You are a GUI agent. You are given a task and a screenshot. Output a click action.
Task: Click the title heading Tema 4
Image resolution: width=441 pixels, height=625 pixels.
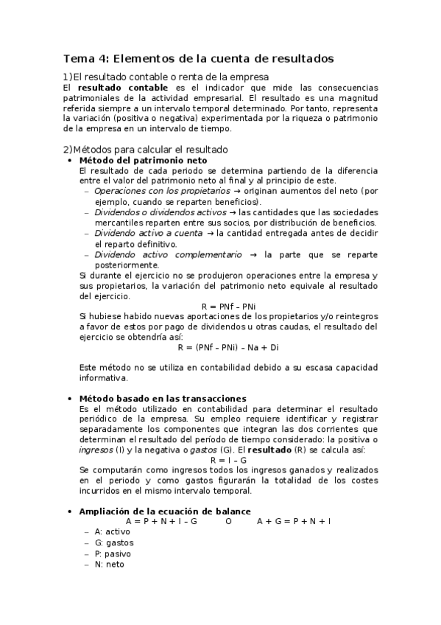(198, 57)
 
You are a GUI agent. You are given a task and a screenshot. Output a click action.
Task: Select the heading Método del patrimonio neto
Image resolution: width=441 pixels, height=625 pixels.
(143, 160)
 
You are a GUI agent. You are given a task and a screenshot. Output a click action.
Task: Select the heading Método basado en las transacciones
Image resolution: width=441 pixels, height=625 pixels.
(163, 398)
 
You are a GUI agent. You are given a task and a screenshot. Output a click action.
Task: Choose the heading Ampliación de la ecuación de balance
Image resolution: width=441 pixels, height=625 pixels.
(165, 511)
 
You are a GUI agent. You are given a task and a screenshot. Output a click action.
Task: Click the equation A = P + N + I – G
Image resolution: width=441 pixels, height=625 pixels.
(161, 521)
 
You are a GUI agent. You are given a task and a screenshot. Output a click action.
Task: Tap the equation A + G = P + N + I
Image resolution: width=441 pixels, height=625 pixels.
(294, 521)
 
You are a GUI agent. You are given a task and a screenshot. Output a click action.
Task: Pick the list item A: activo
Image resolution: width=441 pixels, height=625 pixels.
(113, 531)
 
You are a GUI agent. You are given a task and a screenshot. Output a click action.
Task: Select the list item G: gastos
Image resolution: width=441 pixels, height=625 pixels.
(114, 542)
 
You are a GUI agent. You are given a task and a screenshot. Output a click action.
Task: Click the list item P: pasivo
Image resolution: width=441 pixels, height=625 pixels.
(114, 554)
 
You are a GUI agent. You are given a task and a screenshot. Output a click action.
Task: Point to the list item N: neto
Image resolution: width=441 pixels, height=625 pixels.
(110, 565)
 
